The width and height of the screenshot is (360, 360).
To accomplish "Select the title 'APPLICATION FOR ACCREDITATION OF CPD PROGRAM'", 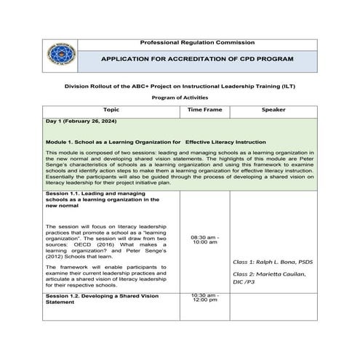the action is [x=197, y=58].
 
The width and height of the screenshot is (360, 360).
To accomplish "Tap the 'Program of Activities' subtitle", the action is [x=180, y=97].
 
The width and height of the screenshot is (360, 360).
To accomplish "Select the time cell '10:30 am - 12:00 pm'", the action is [x=204, y=299].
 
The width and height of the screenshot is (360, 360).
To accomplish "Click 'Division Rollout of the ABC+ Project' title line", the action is [x=180, y=85].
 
